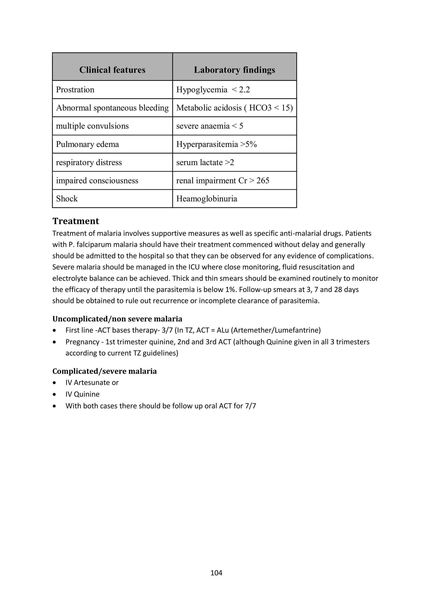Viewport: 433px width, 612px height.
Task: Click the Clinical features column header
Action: pos(112,70)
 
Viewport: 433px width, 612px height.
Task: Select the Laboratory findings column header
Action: pos(234,70)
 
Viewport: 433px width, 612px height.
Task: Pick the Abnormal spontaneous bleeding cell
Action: pos(112,108)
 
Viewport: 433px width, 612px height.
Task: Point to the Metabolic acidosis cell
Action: pos(234,108)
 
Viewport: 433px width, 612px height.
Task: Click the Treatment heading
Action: pos(76,221)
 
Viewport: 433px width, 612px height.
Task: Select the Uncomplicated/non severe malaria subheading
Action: pos(117,319)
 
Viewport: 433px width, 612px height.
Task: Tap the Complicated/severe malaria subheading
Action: pos(104,371)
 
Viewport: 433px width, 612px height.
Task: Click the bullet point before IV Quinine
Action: pos(55,394)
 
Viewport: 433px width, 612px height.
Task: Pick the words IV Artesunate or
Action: pos(92,382)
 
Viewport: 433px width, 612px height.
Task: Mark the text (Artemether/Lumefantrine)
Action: pos(276,330)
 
